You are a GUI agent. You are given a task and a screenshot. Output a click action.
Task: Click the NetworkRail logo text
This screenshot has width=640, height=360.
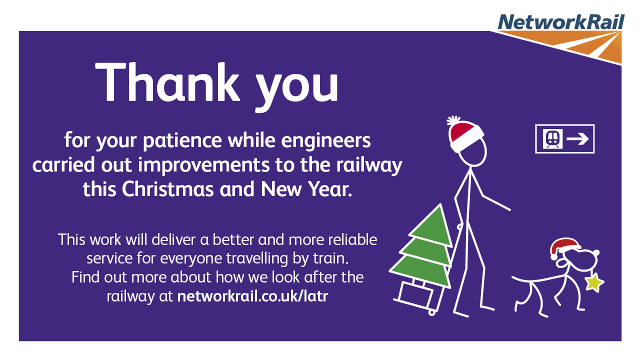(561, 21)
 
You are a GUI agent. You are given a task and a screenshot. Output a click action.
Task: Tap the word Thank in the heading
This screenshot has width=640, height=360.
(167, 82)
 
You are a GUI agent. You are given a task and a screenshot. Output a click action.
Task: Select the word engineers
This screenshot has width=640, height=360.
(326, 141)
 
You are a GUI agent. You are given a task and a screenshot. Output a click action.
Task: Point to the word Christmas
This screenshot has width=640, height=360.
(167, 189)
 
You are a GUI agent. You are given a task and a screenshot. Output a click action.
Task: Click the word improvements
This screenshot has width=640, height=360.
(203, 165)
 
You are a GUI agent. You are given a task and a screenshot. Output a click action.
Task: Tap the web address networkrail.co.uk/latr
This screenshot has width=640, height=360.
(252, 296)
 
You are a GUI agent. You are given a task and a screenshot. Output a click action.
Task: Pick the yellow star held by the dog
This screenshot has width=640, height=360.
(593, 283)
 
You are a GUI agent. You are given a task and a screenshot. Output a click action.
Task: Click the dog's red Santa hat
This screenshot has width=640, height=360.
(564, 247)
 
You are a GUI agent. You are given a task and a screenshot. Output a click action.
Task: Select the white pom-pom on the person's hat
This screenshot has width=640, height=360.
(453, 120)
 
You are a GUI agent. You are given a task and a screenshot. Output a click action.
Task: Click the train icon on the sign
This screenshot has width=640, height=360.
(553, 139)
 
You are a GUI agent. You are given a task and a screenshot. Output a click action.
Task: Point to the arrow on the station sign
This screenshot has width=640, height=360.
(577, 139)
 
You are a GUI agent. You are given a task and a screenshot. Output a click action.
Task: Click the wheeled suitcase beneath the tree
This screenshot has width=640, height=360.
(416, 296)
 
